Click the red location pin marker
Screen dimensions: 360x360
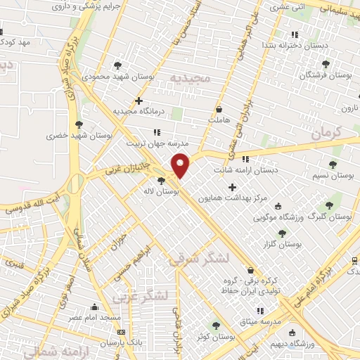[x=181, y=164]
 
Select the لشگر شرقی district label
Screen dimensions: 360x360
[x=199, y=259]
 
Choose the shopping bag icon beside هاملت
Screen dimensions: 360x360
[x=219, y=110]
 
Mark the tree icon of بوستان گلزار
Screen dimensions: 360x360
[x=282, y=233]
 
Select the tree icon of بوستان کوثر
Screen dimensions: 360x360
[x=215, y=325]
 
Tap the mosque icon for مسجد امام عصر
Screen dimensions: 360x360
[x=95, y=307]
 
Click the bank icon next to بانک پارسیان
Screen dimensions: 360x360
[x=122, y=331]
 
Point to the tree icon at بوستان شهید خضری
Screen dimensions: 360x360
[x=87, y=124]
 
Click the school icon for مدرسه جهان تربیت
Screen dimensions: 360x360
[x=156, y=131]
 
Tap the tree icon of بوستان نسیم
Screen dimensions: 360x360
[x=333, y=165]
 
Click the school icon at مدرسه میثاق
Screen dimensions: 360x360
[x=259, y=310]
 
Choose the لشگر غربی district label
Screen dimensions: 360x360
[x=144, y=295]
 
